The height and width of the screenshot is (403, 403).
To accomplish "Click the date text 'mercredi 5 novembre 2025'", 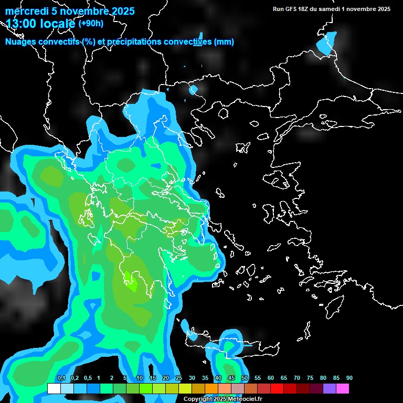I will [x=70, y=11].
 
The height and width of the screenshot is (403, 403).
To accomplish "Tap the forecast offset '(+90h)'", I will [x=91, y=23].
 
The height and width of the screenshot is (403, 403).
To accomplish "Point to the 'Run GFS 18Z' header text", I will [x=294, y=9].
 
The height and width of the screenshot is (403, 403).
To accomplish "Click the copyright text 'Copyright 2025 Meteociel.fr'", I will [x=222, y=399].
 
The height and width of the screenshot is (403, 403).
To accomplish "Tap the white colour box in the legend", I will [x=54, y=388].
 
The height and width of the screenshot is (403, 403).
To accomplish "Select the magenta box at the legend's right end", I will [x=343, y=388].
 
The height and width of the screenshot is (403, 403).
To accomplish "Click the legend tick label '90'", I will [x=349, y=378].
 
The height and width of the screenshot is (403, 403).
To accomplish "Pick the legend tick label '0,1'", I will [x=61, y=378].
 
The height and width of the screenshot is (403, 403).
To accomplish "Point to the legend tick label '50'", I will [x=245, y=378].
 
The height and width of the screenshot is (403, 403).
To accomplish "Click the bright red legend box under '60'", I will [x=277, y=388].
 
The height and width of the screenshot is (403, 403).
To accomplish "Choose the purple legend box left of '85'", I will [x=330, y=388].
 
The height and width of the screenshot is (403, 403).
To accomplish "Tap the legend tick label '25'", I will [x=179, y=378].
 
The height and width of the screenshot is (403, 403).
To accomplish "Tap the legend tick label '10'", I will [x=140, y=378].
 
